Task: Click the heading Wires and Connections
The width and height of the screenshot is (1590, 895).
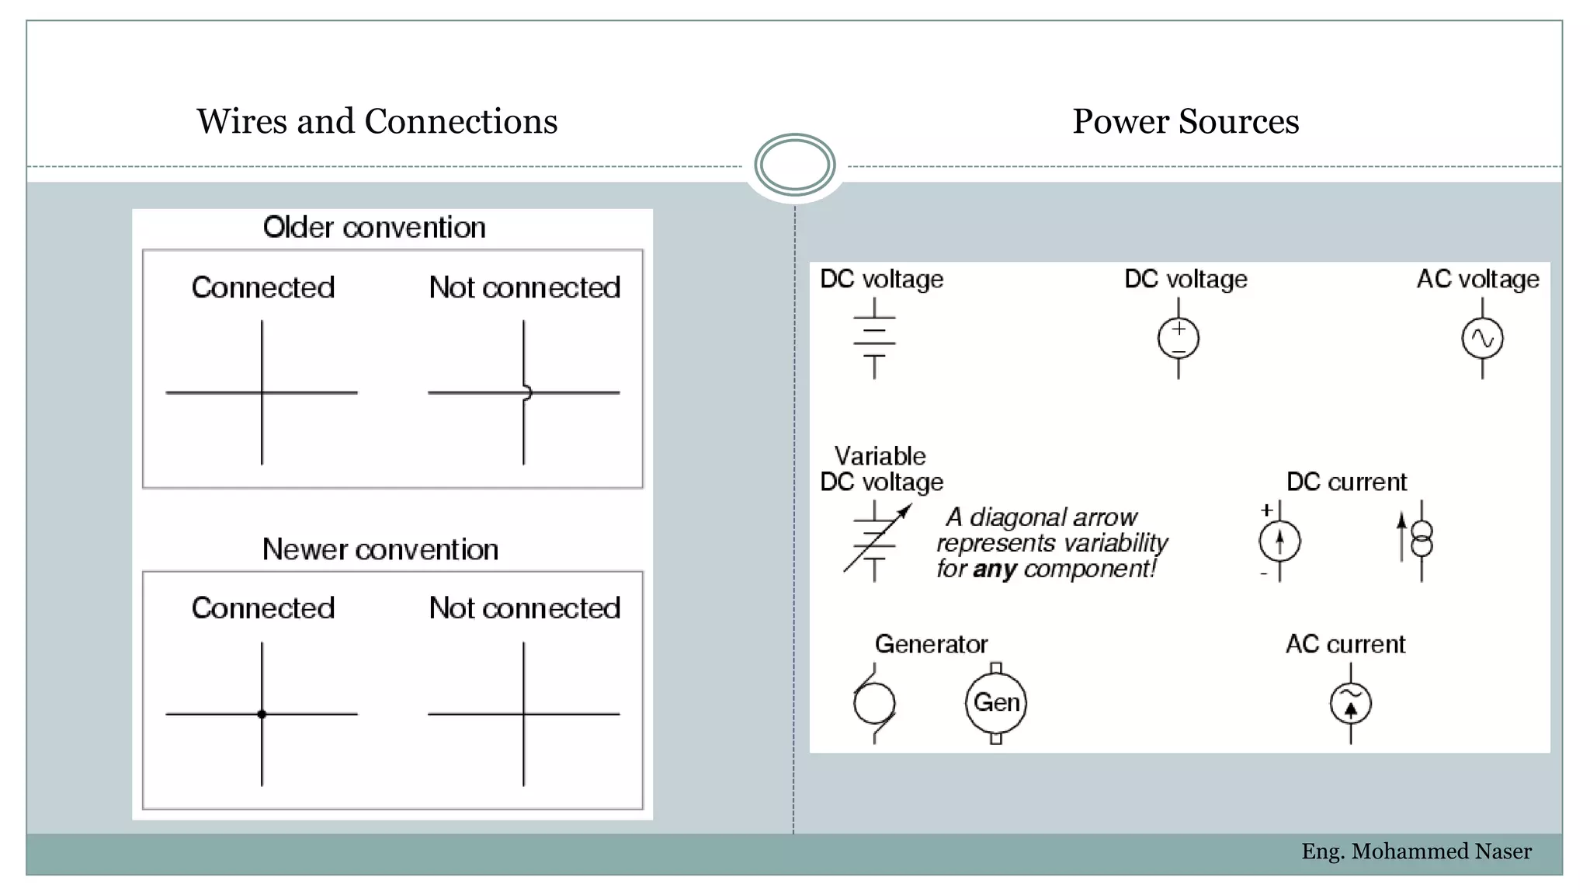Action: point(377,121)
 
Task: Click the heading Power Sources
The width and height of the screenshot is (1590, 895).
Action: point(1185,121)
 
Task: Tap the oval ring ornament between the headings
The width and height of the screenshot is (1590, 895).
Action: point(794,165)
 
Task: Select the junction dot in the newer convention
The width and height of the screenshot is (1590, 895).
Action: point(262,714)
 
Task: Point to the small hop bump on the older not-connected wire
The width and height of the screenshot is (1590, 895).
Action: point(527,392)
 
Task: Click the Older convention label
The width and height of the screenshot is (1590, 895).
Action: point(374,228)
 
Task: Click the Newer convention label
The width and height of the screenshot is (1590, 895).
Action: point(380,549)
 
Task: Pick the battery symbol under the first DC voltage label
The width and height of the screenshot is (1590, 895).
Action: point(874,339)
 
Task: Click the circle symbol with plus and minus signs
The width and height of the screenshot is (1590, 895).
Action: point(1178,339)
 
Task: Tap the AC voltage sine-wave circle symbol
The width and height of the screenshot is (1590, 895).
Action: point(1482,339)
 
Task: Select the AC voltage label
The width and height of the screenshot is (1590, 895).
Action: point(1477,279)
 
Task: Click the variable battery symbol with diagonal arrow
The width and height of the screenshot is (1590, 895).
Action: point(876,542)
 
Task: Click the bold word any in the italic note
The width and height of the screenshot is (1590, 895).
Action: point(994,569)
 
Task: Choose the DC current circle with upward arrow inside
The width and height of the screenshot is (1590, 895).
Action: point(1279,542)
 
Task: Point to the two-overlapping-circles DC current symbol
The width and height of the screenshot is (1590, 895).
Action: point(1421,540)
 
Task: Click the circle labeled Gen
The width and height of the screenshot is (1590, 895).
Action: point(996,702)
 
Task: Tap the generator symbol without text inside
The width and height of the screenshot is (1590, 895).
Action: point(874,703)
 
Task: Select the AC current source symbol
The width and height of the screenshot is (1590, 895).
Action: point(1350,703)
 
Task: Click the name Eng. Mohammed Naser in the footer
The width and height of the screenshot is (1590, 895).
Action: point(1416,851)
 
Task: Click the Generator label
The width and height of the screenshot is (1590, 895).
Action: point(931,644)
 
